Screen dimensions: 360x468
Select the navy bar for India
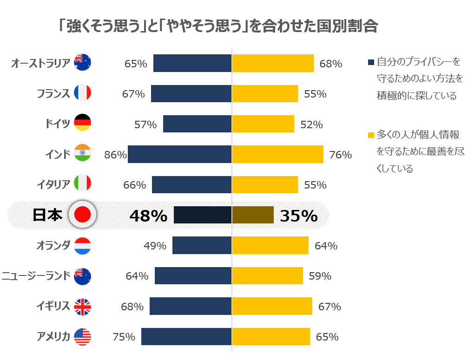click(179, 154)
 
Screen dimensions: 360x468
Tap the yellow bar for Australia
click(272, 63)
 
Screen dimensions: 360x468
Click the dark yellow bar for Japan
click(252, 215)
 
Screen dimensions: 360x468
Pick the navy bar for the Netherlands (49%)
click(202, 245)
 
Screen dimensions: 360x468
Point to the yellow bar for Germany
click(263, 124)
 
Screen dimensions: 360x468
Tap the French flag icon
click(83, 93)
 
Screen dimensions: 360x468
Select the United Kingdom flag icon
click(83, 307)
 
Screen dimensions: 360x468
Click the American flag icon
click(83, 337)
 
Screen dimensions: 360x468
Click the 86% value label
click(115, 155)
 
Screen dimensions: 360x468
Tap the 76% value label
click(340, 155)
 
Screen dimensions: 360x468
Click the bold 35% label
click(299, 216)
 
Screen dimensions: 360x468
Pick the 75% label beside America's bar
click(124, 337)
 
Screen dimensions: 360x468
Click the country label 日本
click(47, 215)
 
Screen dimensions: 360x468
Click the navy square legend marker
click(371, 62)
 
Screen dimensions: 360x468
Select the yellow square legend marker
click(371, 136)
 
